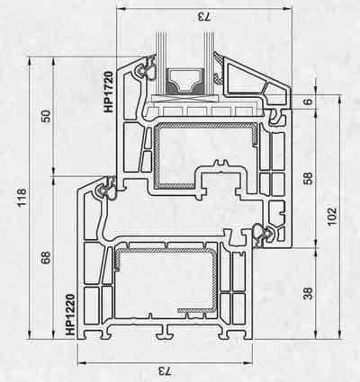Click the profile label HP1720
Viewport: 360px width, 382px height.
pyautogui.click(x=109, y=92)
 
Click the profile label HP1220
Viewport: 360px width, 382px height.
pyautogui.click(x=70, y=315)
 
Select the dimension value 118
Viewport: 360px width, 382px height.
pyautogui.click(x=22, y=198)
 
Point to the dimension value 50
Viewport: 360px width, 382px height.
pyautogui.click(x=46, y=116)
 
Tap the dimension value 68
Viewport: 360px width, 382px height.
pyautogui.click(x=46, y=258)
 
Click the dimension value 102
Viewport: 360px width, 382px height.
pyautogui.click(x=332, y=217)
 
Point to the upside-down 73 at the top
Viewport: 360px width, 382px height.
pyautogui.click(x=204, y=17)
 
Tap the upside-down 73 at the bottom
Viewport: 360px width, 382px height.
pyautogui.click(x=165, y=372)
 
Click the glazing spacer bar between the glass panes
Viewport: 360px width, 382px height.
pyautogui.click(x=184, y=81)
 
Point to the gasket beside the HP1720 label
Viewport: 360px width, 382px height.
pyautogui.click(x=146, y=68)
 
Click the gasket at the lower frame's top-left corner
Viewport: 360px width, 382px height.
pyautogui.click(x=106, y=190)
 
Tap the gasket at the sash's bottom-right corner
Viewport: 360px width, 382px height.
pyautogui.click(x=263, y=233)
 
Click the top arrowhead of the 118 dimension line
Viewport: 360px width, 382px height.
pyautogui.click(x=30, y=61)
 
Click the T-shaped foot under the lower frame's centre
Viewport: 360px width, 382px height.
pyautogui.click(x=165, y=331)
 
